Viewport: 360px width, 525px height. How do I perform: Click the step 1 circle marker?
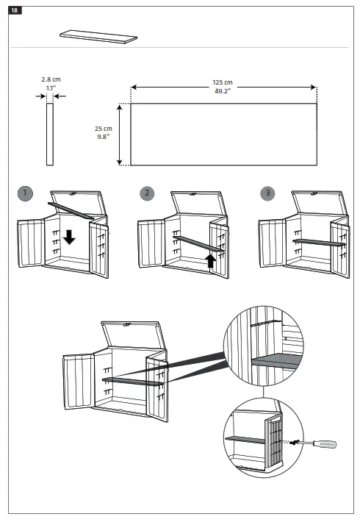point(26,193)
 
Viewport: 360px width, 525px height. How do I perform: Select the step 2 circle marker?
point(148,193)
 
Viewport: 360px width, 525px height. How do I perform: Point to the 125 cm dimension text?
point(223,82)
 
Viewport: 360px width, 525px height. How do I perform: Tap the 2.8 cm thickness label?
point(50,79)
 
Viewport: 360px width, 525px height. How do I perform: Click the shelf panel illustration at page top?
point(98,37)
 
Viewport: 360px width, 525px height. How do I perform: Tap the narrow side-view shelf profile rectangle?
point(50,135)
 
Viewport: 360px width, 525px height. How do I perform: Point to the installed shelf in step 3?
point(318,241)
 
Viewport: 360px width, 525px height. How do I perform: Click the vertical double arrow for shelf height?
point(120,135)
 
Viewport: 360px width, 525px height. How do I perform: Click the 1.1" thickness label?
point(50,87)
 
